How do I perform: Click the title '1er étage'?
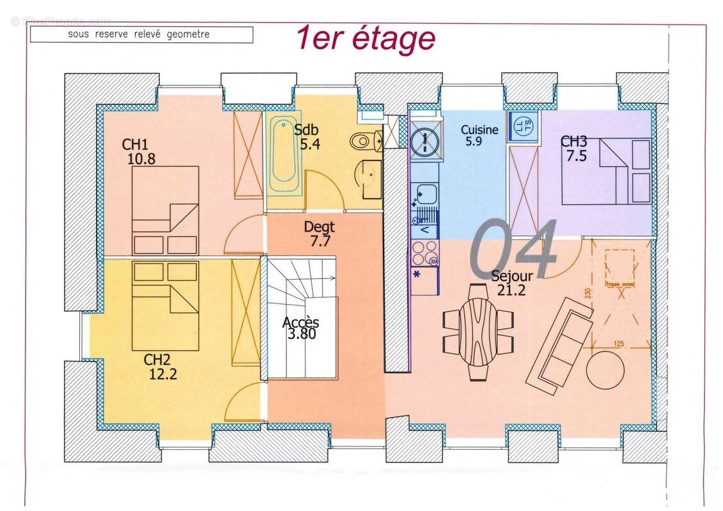point(365,38)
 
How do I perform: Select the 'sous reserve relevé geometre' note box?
point(141,34)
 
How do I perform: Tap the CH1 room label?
point(136,144)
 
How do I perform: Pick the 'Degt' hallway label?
point(319,227)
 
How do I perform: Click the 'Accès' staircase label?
point(300,323)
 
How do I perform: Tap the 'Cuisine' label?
point(479,130)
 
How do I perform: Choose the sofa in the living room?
point(561,345)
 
